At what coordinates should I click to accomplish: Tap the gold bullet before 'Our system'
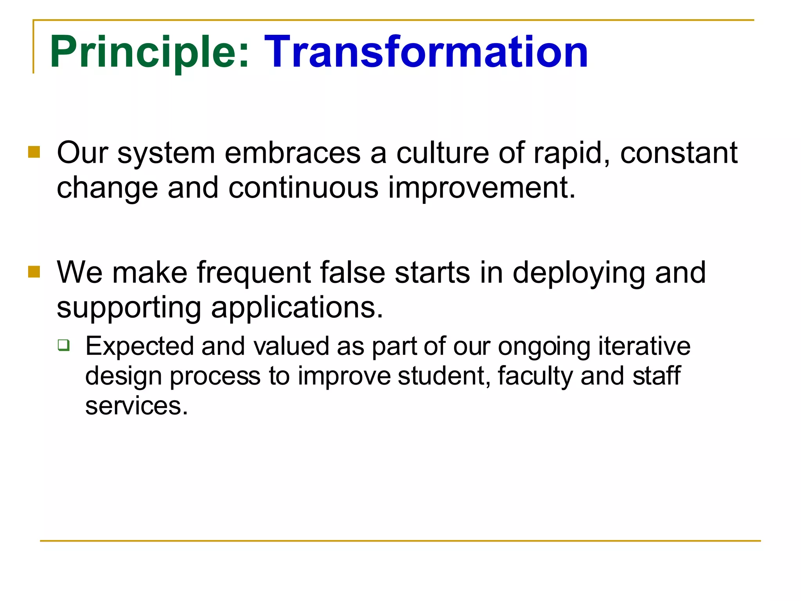[34, 152]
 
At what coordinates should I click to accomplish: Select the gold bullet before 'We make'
[34, 272]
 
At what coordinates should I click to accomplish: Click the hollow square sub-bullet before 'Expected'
[63, 345]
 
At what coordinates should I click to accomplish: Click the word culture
[442, 153]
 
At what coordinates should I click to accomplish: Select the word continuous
[304, 188]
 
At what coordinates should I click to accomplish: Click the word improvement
[481, 188]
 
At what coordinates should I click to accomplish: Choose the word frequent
[253, 273]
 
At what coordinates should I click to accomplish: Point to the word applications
[297, 308]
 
